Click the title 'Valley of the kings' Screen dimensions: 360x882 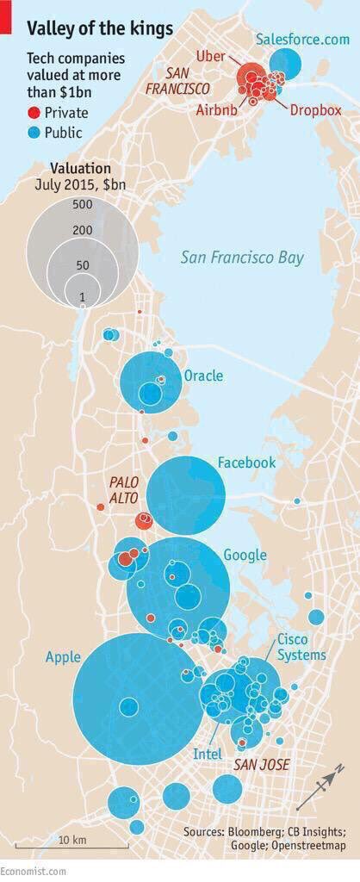tap(99, 28)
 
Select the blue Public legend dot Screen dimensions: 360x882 tap(34, 133)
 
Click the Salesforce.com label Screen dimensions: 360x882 tap(302, 40)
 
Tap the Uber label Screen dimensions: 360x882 tap(210, 56)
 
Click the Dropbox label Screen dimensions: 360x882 tap(315, 110)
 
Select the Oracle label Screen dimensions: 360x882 tap(203, 376)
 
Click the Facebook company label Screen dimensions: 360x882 tap(246, 463)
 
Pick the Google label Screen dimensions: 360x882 tap(245, 555)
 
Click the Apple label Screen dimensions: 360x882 tap(63, 657)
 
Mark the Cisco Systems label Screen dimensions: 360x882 tap(301, 647)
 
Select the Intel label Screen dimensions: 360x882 tap(207, 754)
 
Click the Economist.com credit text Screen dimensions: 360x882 tap(33, 871)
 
